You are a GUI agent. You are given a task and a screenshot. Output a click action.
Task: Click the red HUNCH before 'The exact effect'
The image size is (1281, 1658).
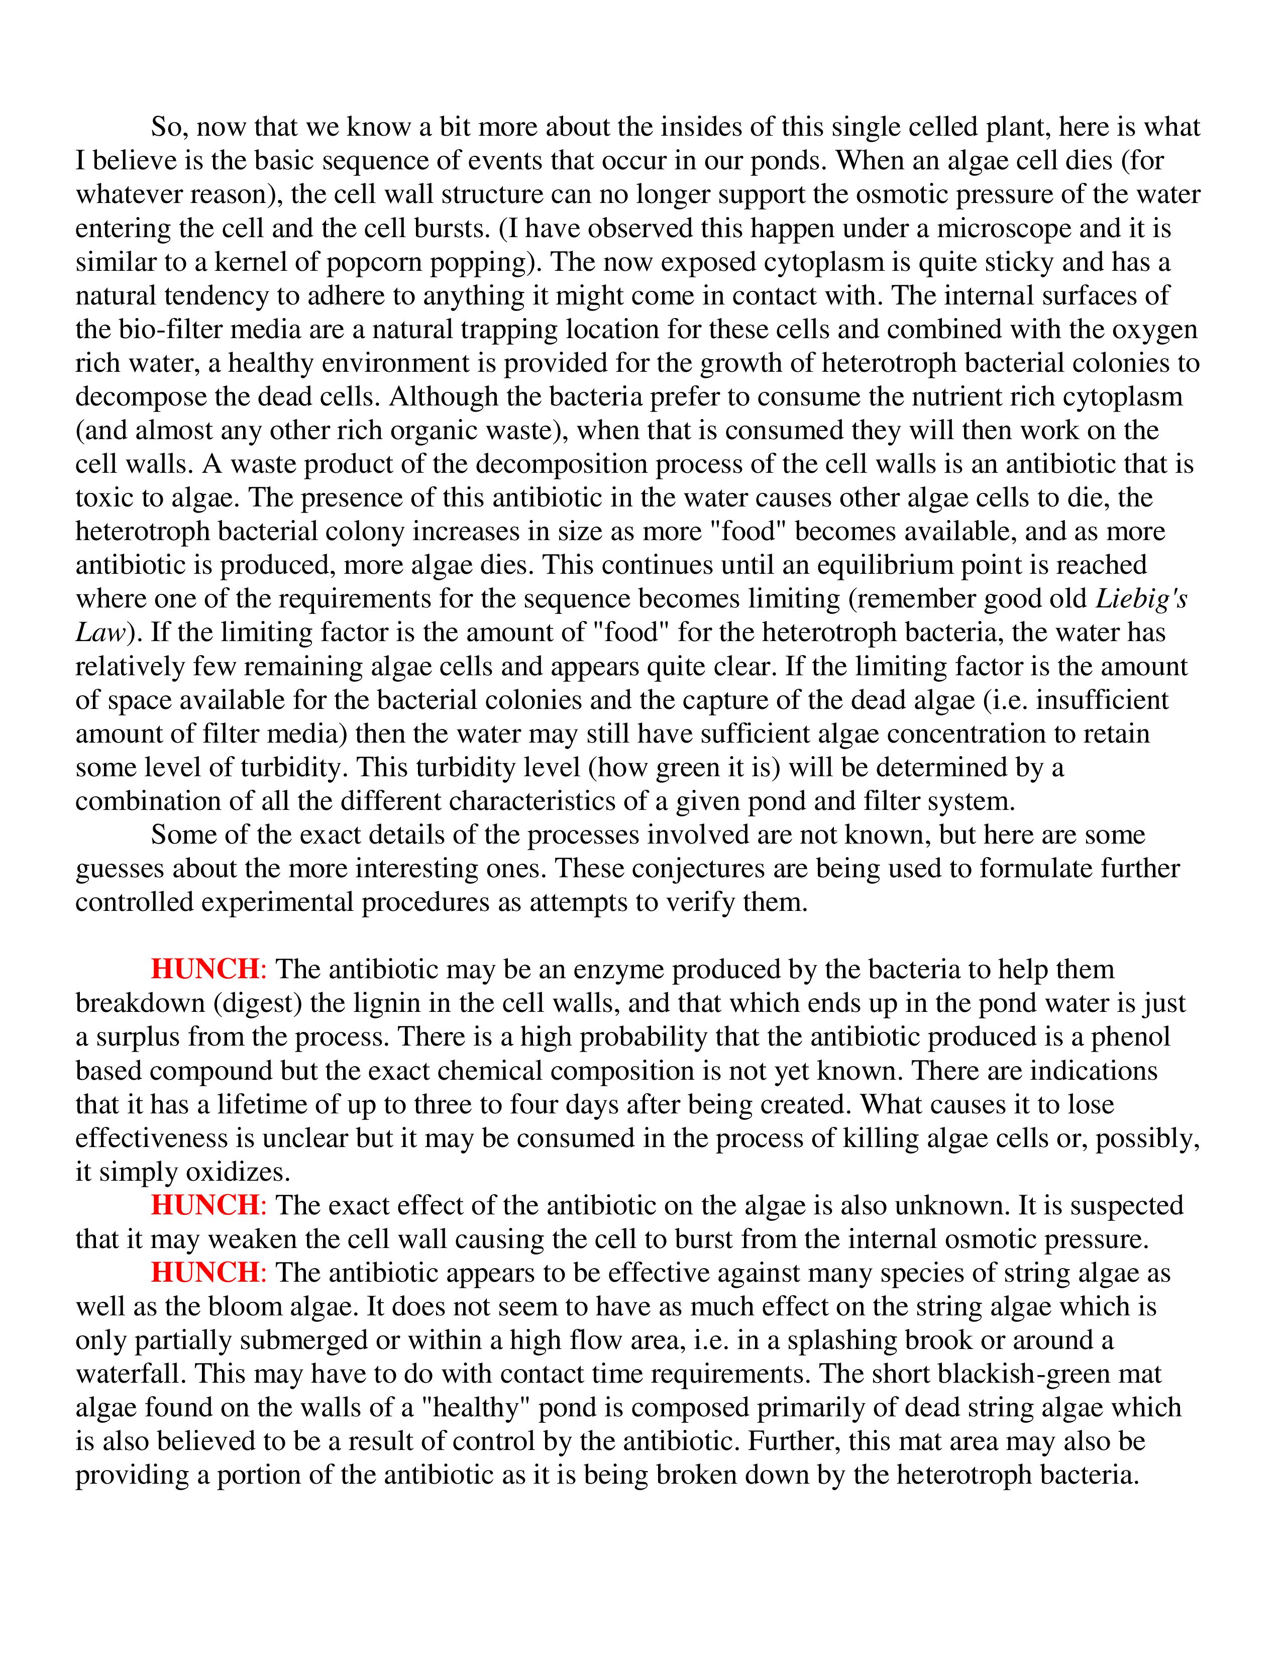pyautogui.click(x=205, y=1205)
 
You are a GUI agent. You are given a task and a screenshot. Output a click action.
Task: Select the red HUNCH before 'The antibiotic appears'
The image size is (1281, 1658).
pyautogui.click(x=205, y=1273)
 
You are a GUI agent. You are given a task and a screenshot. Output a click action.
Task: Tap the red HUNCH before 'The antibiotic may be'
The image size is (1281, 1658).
pyautogui.click(x=205, y=970)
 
